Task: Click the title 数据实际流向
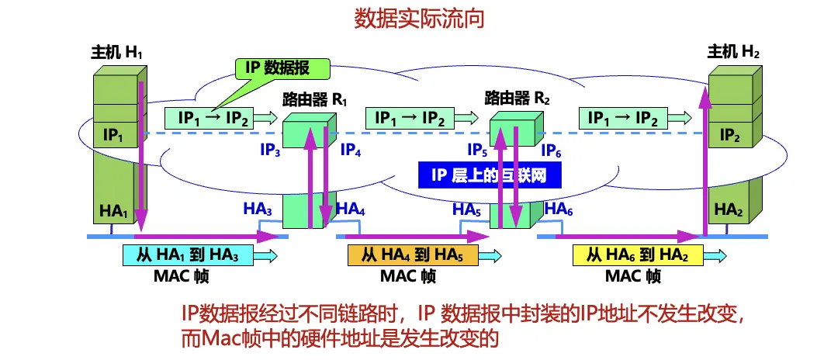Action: click(x=419, y=18)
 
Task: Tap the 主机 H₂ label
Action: click(x=733, y=54)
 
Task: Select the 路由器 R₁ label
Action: click(x=316, y=100)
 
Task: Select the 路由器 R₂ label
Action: click(x=517, y=99)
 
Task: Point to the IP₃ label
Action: click(x=271, y=150)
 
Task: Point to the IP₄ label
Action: click(x=351, y=150)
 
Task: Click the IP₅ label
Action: click(x=477, y=150)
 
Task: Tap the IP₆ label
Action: click(x=552, y=150)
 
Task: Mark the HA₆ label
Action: click(x=558, y=208)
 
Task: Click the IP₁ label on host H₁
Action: click(x=113, y=135)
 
